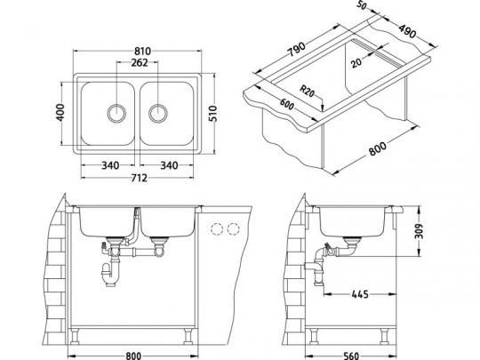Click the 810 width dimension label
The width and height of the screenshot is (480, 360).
click(142, 51)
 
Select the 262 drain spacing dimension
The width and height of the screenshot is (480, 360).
click(140, 62)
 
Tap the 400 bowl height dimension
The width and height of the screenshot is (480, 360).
click(60, 112)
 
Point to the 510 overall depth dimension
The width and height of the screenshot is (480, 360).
click(212, 114)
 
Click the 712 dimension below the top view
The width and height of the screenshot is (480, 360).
click(139, 178)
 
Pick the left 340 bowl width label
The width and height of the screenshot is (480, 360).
click(110, 165)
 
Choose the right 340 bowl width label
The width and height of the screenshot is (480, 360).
click(169, 165)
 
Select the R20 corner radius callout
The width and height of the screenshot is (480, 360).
click(307, 91)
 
